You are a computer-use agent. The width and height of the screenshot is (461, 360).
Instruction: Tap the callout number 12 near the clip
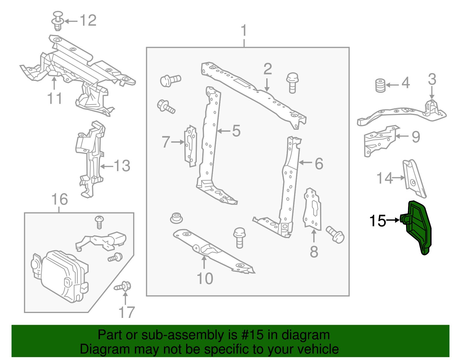coord(88,21)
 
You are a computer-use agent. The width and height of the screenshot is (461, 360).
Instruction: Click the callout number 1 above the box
coord(244,31)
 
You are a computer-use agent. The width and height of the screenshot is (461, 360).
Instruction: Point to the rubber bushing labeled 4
coord(380,86)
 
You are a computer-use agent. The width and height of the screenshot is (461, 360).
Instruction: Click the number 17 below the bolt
coord(126,312)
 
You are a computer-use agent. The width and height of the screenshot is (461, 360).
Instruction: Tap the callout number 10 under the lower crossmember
coord(205,278)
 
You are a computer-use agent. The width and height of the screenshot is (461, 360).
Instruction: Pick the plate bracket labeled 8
coord(312,210)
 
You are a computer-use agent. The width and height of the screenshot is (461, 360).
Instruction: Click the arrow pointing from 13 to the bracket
coord(107,166)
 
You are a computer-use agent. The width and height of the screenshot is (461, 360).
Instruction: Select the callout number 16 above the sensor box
coord(59,199)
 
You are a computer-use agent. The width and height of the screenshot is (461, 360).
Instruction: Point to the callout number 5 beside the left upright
coord(236,131)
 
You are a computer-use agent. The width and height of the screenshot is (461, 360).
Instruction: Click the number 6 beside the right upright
coord(319,164)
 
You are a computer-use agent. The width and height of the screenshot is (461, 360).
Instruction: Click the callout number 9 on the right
coord(415,137)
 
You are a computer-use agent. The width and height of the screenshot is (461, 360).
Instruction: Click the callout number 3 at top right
coord(432,79)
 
